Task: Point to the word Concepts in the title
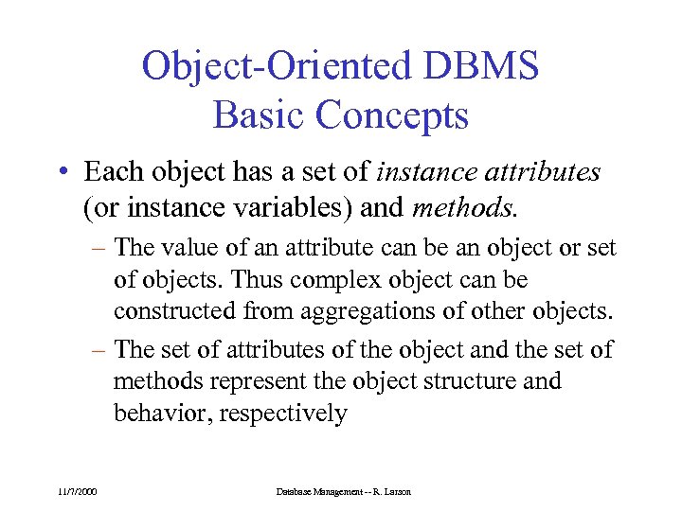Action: pyautogui.click(x=391, y=115)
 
